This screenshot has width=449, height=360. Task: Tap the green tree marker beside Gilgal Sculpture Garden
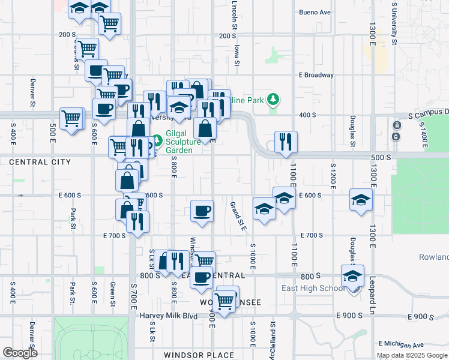157,141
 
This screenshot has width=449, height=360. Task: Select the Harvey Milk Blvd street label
169,316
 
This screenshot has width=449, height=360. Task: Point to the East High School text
313,288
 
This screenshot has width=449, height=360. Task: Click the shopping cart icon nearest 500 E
71,118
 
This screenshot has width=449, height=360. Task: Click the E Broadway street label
316,75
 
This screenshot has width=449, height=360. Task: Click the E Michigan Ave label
402,344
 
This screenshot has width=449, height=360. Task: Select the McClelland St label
273,342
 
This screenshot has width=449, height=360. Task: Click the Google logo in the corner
19,353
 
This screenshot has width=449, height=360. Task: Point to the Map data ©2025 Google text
411,355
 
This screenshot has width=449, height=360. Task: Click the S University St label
394,24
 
